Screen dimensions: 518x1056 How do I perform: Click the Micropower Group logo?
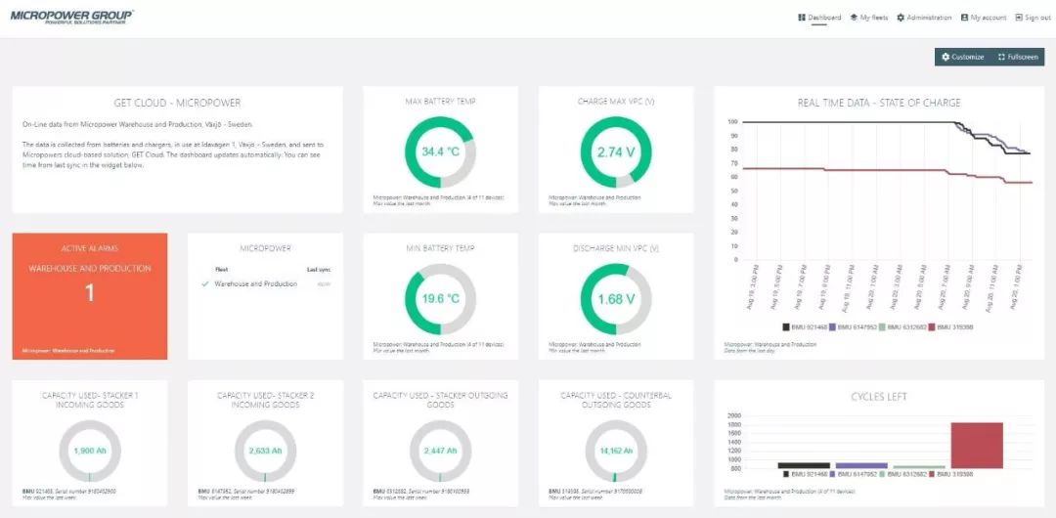click(71, 17)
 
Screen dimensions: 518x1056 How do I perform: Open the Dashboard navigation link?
click(819, 18)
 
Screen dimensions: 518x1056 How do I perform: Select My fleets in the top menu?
click(869, 18)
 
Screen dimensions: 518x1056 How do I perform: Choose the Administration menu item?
click(924, 18)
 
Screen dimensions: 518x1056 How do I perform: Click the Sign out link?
click(1033, 18)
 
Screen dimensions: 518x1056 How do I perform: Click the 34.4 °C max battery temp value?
click(439, 152)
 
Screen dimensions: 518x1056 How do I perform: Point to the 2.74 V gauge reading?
click(615, 152)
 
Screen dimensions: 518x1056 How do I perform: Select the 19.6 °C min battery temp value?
click(439, 299)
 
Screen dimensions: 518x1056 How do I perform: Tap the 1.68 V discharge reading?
click(615, 299)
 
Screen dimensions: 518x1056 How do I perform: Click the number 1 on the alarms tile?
click(89, 293)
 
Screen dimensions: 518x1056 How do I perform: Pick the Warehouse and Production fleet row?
click(256, 283)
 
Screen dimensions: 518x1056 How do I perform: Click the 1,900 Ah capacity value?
click(89, 451)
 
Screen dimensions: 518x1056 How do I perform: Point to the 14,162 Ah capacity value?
click(615, 451)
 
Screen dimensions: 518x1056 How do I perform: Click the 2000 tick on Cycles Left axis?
click(735, 415)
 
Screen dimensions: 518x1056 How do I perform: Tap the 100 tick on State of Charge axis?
click(732, 122)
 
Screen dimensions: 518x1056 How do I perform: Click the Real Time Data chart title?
click(878, 103)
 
